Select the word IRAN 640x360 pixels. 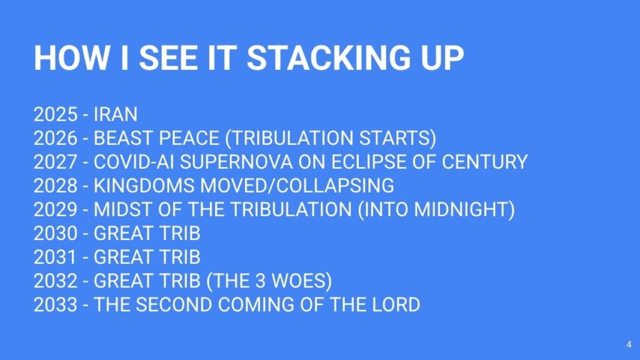pos(116,114)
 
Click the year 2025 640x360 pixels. pos(56,114)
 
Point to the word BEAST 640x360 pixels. pos(123,138)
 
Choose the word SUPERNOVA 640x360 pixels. pos(236,162)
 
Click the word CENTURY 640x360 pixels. pos(485,162)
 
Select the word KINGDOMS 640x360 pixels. pos(144,186)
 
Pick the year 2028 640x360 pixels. pos(56,186)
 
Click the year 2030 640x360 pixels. pos(56,234)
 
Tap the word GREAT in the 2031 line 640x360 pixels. pos(123,257)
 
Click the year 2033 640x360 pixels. pos(56,305)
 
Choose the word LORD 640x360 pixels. pos(396,305)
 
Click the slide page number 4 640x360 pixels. pos(629,344)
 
